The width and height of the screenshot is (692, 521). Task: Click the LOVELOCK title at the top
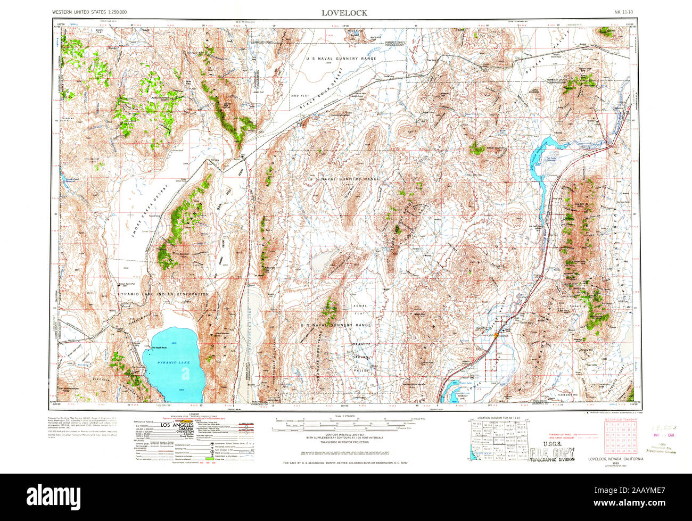pyautogui.click(x=344, y=12)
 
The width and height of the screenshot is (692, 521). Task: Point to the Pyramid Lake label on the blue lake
pyautogui.click(x=173, y=362)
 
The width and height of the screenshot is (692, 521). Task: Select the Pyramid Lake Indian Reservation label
pyautogui.click(x=164, y=294)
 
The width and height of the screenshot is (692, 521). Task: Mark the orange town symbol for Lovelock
pyautogui.click(x=497, y=335)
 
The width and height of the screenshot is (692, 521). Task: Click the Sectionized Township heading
pyautogui.click(x=620, y=420)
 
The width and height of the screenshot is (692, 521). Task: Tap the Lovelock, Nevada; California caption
pyautogui.click(x=615, y=459)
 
